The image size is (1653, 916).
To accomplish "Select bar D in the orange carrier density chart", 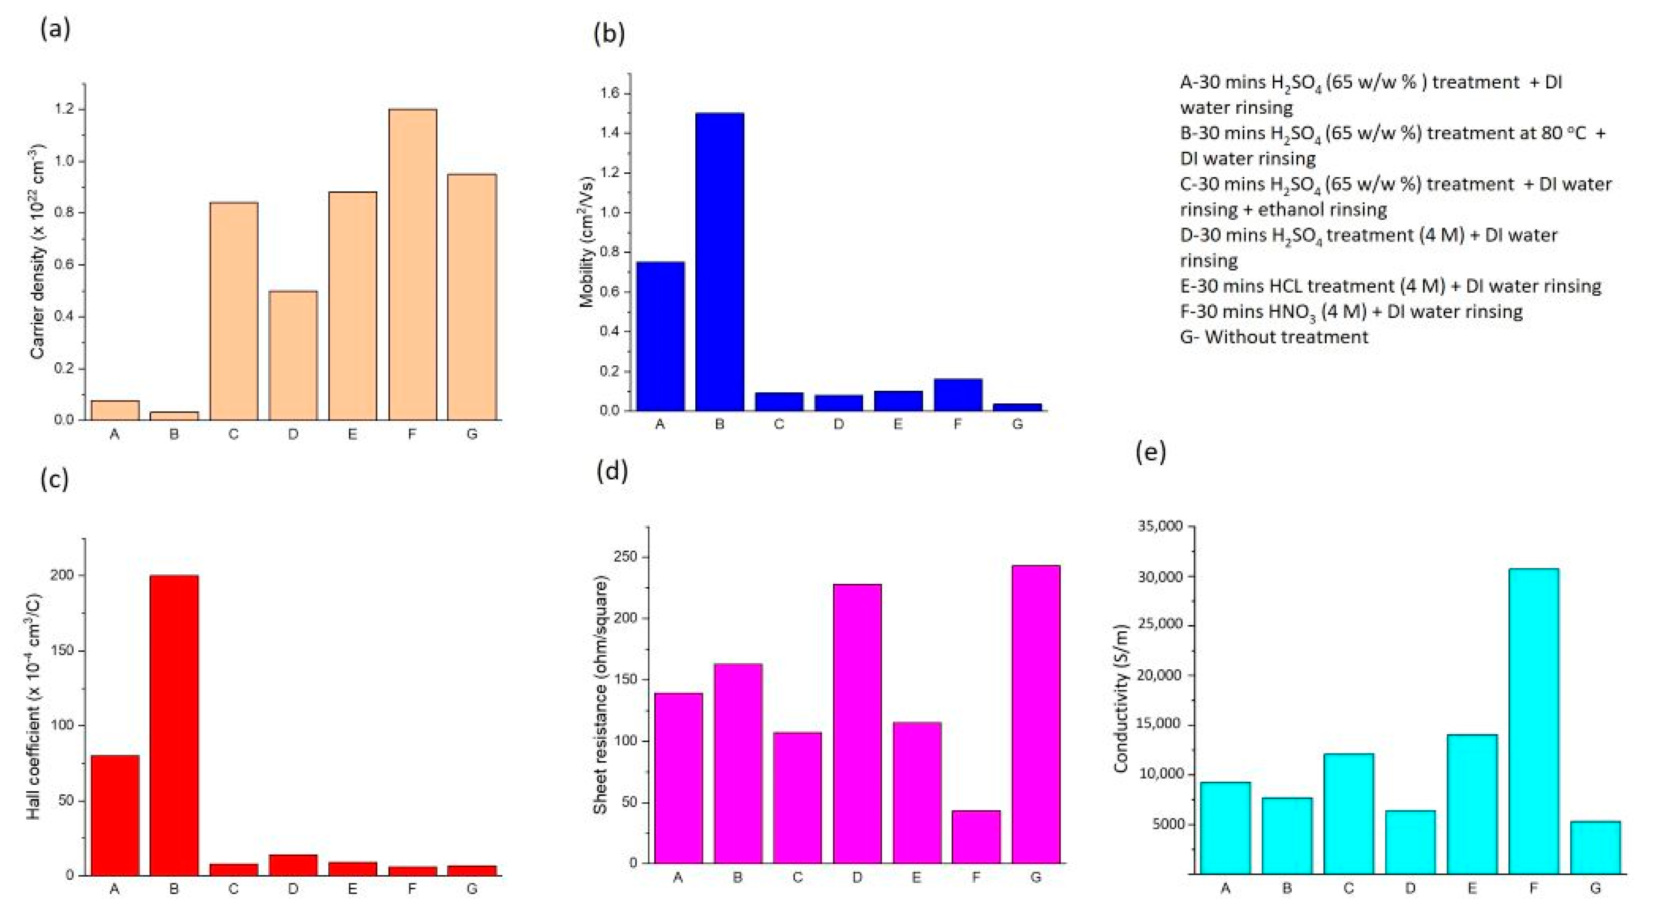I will click(293, 355).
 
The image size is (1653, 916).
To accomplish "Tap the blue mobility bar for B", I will click(719, 262).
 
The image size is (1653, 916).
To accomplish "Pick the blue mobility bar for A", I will click(659, 336).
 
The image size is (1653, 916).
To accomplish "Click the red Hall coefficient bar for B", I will click(174, 725).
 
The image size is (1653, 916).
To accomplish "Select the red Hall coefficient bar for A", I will click(115, 815).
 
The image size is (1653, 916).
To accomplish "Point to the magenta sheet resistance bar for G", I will click(1035, 714).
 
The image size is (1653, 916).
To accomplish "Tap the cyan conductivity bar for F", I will click(1533, 720).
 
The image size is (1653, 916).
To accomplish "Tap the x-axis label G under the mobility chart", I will click(1017, 424).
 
